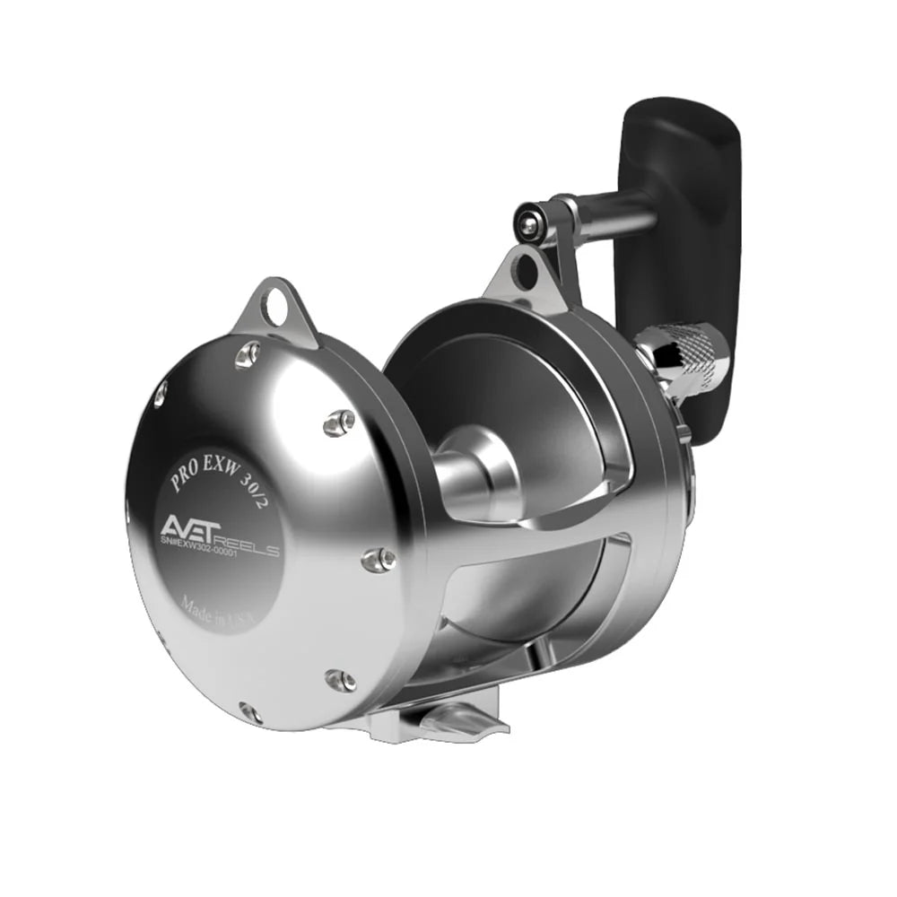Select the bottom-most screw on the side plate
point(250,713)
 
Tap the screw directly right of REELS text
point(379,559)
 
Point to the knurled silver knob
point(686,359)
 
